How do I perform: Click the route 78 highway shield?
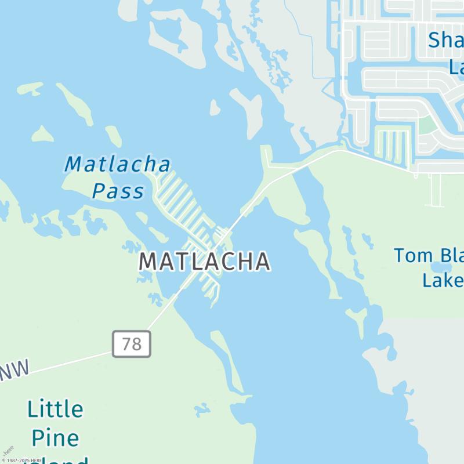pyautogui.click(x=132, y=344)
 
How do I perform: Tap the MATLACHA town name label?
pyautogui.click(x=204, y=262)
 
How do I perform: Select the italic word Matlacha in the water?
pyautogui.click(x=118, y=164)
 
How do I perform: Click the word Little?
pyautogui.click(x=55, y=409)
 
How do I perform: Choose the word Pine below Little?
pyautogui.click(x=55, y=438)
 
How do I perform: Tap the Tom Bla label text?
pyautogui.click(x=429, y=255)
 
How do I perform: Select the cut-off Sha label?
pyautogui.click(x=445, y=41)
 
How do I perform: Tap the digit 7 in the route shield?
pyautogui.click(x=126, y=344)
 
